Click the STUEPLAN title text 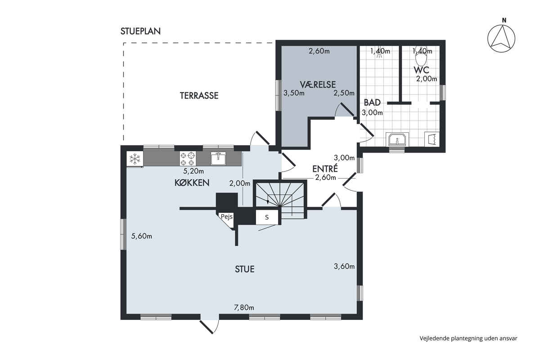click(140, 31)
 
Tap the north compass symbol click(501, 38)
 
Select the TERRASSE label click(199, 96)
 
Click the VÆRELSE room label click(318, 85)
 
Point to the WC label click(421, 70)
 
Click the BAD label click(372, 103)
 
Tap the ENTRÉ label click(325, 169)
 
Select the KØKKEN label click(192, 183)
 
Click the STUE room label click(245, 269)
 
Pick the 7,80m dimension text click(244, 307)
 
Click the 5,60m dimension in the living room click(141, 236)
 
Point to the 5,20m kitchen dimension click(193, 171)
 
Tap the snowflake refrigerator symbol click(135, 159)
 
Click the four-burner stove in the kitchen click(188, 159)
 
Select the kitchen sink click(218, 158)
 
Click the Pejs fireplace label click(227, 216)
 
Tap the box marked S click(267, 217)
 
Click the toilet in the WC click(421, 58)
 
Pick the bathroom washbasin click(397, 139)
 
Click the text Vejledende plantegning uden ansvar click(468, 338)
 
